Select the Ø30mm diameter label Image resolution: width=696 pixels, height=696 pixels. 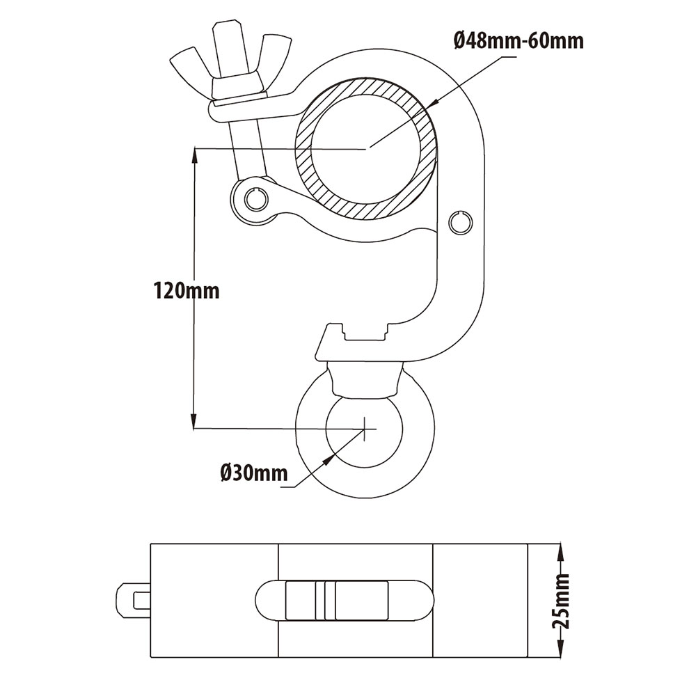253,473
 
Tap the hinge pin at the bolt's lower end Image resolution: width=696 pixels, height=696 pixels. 255,199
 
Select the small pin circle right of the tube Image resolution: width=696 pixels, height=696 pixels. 458,223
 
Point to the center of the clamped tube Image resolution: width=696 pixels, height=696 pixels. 367,148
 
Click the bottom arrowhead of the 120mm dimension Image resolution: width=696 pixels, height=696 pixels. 194,420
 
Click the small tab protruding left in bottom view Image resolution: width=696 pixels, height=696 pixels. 133,599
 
